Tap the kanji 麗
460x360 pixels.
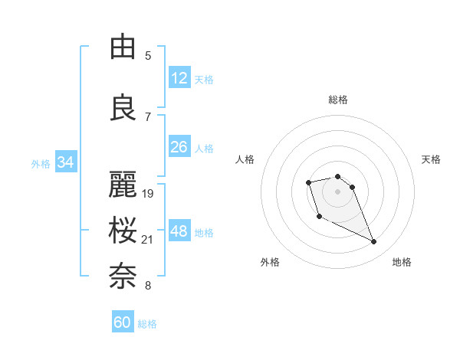[x=123, y=184]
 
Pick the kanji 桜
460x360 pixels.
[x=123, y=231]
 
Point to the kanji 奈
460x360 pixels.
[x=123, y=277]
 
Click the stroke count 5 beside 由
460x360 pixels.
[x=148, y=55]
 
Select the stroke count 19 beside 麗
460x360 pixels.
[x=148, y=193]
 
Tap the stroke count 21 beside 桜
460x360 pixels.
[x=148, y=240]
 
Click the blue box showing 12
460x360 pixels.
[x=179, y=78]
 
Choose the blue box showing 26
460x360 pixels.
[x=179, y=147]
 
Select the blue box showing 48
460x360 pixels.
[x=179, y=231]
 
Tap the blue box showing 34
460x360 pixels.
[x=65, y=162]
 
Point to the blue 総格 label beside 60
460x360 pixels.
[x=147, y=324]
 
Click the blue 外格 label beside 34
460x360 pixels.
[x=40, y=163]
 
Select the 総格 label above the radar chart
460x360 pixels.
[x=338, y=100]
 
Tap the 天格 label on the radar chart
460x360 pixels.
[x=431, y=159]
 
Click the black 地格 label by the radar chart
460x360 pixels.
[x=402, y=262]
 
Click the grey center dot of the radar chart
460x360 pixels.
[x=337, y=191]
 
